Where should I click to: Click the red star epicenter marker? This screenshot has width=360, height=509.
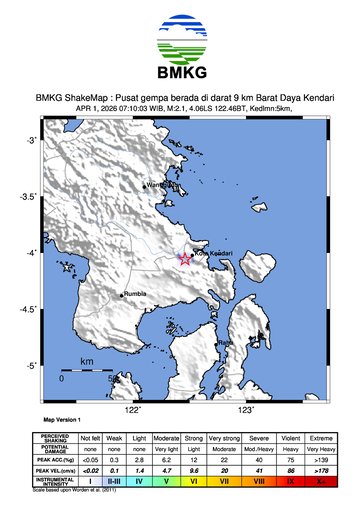(x=185, y=259)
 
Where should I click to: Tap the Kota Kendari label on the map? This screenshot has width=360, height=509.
(x=212, y=253)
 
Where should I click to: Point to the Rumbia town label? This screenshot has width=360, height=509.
(x=135, y=294)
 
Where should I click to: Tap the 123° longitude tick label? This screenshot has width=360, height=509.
(x=245, y=410)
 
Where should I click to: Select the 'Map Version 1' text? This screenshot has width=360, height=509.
(x=62, y=421)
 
